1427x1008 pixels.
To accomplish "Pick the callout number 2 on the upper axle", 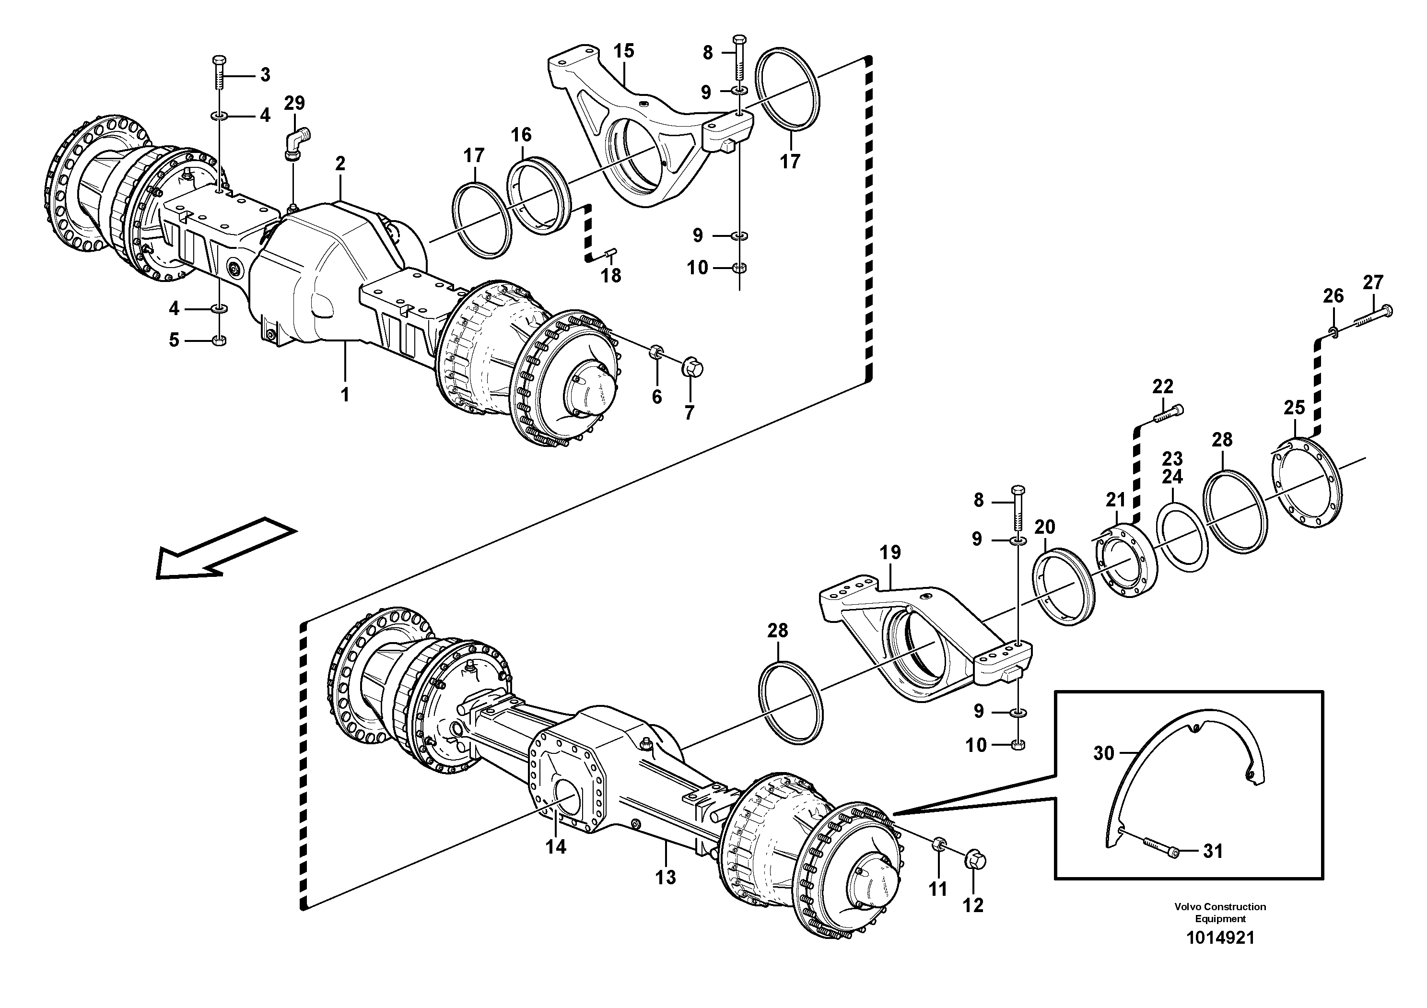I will coord(340,164).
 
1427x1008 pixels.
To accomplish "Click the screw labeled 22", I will coord(1169,413).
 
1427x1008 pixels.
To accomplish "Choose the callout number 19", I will coord(890,552).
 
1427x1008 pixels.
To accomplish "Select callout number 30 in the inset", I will coord(1104,753).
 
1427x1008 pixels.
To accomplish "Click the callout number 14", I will coord(556,846).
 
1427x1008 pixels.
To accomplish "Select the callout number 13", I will coord(666,877).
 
